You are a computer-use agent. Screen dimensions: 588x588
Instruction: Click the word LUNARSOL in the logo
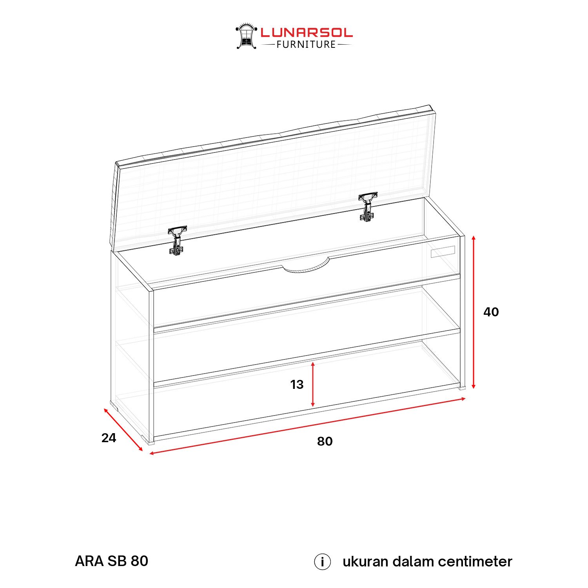click(307, 33)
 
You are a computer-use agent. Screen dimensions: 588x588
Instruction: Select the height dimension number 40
click(491, 312)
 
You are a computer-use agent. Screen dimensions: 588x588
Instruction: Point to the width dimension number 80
click(325, 441)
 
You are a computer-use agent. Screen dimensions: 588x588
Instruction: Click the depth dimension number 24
click(109, 438)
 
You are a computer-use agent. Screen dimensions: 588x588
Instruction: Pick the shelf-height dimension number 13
click(297, 385)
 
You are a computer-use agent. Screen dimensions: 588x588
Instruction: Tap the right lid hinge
click(368, 207)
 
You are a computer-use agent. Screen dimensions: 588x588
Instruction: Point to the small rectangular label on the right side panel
click(443, 252)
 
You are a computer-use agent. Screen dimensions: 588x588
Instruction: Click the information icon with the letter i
click(322, 562)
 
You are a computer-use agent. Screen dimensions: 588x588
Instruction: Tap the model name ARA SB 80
click(112, 561)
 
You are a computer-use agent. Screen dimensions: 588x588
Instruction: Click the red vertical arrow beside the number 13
click(313, 385)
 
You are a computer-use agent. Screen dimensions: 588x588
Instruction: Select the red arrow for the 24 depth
click(123, 430)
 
